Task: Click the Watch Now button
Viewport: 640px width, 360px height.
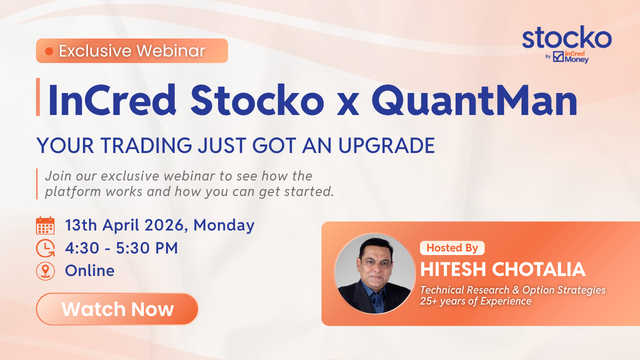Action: click(117, 309)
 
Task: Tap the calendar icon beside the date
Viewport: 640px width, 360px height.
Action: click(45, 225)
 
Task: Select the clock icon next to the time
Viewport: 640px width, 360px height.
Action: click(45, 248)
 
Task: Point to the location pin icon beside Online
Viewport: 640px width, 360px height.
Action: click(45, 271)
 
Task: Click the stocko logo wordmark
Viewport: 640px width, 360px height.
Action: click(567, 37)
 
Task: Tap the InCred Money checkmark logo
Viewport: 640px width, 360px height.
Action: click(558, 56)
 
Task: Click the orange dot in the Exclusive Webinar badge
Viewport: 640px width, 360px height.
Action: click(49, 51)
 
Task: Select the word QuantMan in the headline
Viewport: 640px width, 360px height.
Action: click(474, 100)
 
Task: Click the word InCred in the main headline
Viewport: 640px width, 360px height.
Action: click(112, 100)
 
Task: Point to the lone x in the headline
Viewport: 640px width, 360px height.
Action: click(347, 104)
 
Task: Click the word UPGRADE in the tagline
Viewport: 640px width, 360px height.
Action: click(386, 145)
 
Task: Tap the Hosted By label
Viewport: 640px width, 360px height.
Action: click(452, 247)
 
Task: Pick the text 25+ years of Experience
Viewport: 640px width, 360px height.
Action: click(475, 301)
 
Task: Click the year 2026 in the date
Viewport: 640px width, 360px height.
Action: click(164, 225)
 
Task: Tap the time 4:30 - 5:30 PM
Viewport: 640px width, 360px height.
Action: click(121, 247)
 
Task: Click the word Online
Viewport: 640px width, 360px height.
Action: click(89, 270)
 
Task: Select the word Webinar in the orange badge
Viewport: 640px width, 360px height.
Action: click(171, 51)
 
